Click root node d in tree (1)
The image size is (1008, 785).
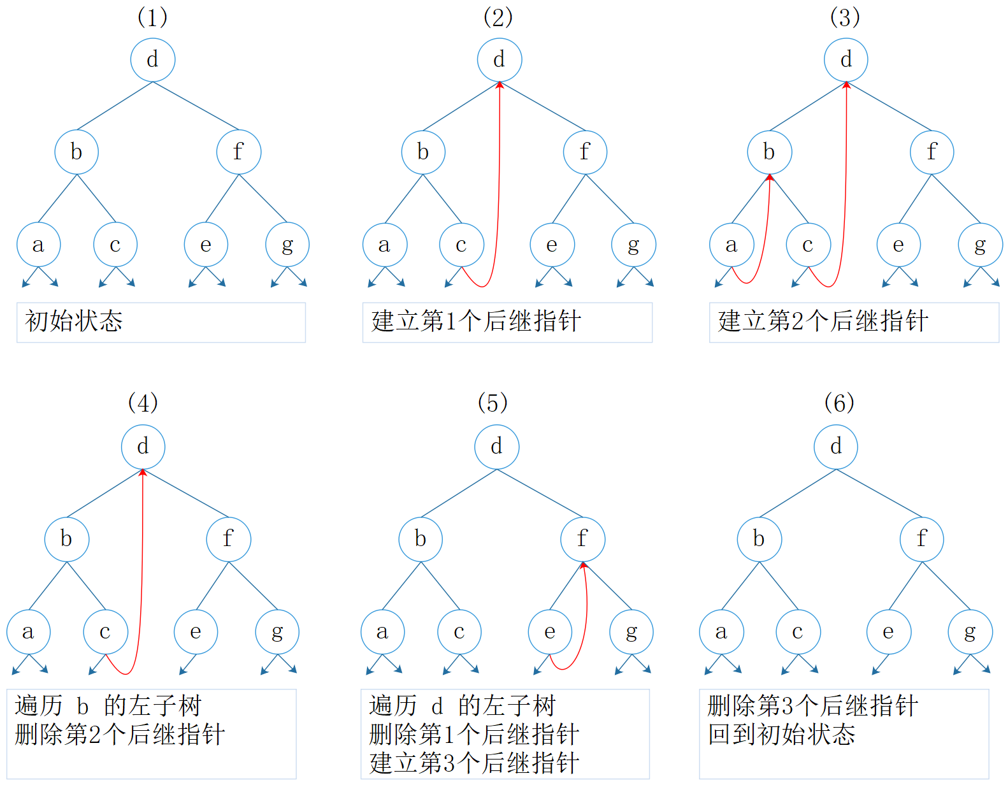tap(153, 60)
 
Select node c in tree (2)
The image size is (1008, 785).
tap(461, 245)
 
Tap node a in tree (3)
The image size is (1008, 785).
tap(731, 245)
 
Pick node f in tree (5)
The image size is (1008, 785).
tap(582, 539)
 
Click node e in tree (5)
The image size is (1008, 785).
tap(550, 632)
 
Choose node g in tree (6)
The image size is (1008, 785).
tap(970, 632)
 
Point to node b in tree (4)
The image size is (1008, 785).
tap(66, 539)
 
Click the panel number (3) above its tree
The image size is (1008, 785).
tap(845, 17)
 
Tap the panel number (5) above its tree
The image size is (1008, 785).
tap(493, 403)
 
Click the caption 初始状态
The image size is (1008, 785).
tap(74, 321)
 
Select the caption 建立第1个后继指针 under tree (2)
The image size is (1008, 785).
tap(476, 321)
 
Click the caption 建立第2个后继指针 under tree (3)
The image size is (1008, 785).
tap(823, 321)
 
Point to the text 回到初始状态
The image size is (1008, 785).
tap(781, 735)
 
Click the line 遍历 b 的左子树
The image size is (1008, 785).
tap(108, 706)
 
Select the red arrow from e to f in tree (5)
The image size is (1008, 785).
tap(586, 612)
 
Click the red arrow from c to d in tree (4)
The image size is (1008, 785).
tap(141, 573)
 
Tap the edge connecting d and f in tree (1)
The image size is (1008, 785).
tap(196, 106)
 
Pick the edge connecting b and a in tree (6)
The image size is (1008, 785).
tap(740, 586)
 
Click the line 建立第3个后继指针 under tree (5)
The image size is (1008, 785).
tap(474, 763)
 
